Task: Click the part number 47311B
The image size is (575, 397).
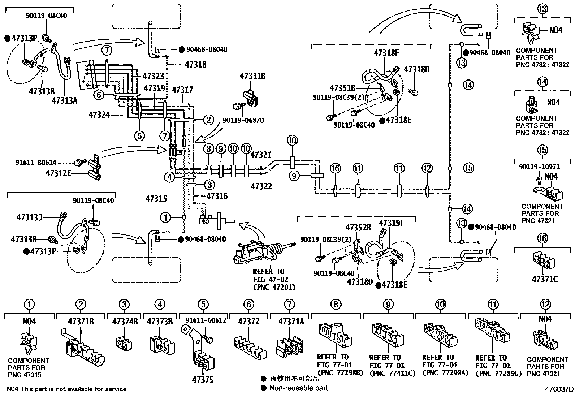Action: pyautogui.click(x=252, y=76)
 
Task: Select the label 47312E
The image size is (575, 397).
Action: pyautogui.click(x=59, y=173)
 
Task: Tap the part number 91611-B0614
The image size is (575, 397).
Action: pyautogui.click(x=36, y=162)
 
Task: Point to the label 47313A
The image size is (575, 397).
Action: pyautogui.click(x=64, y=100)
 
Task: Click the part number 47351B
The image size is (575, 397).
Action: pyautogui.click(x=342, y=88)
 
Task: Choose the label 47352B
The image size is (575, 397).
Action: pyautogui.click(x=358, y=228)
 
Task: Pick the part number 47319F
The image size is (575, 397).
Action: pyautogui.click(x=392, y=223)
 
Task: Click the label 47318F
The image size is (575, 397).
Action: pyautogui.click(x=386, y=53)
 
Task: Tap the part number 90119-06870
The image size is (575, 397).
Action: pyautogui.click(x=243, y=120)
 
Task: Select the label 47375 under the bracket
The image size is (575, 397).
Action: pyautogui.click(x=203, y=380)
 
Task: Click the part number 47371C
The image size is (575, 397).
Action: pyautogui.click(x=545, y=279)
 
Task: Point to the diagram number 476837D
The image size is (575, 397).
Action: pyautogui.click(x=559, y=389)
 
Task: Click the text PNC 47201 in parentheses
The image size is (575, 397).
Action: pyautogui.click(x=274, y=287)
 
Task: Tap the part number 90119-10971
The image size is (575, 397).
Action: pyautogui.click(x=539, y=167)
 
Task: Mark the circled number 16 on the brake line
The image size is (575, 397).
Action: pyautogui.click(x=335, y=168)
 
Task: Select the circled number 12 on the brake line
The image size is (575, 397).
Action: pyautogui.click(x=427, y=168)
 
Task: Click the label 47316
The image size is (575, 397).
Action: pyautogui.click(x=217, y=196)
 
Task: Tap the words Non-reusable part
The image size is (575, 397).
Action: pyautogui.click(x=298, y=388)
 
